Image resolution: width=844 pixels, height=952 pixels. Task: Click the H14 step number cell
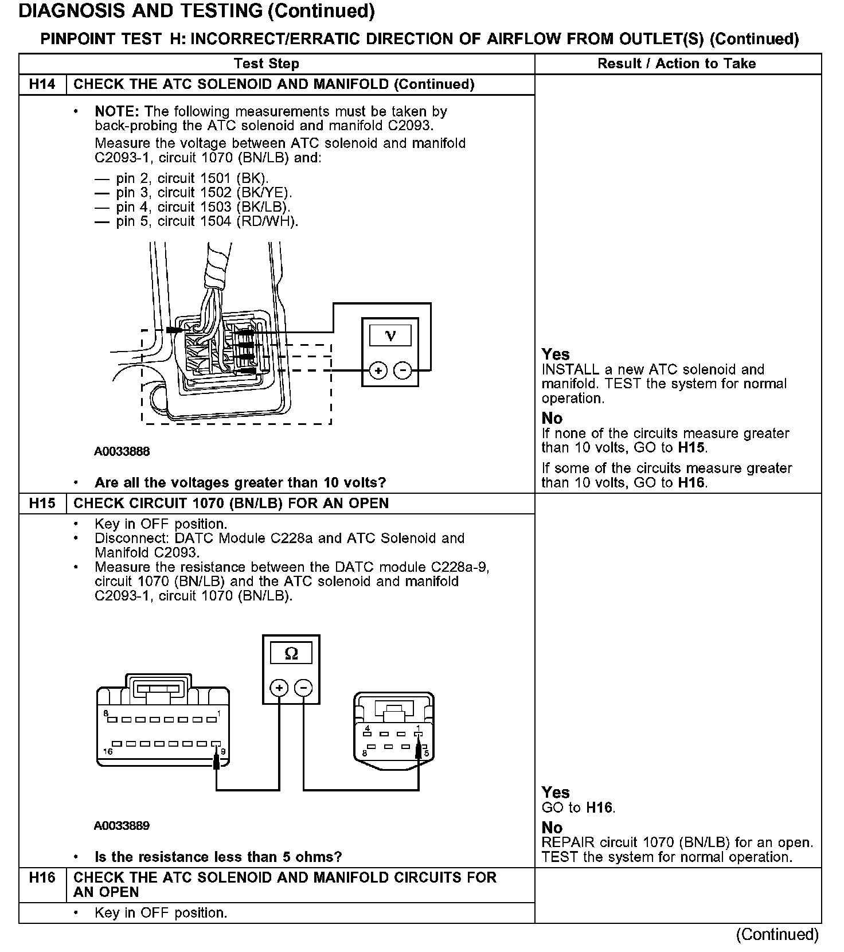[42, 84]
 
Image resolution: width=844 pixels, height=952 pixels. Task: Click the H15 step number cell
[42, 503]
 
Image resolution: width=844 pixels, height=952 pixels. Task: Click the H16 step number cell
[42, 877]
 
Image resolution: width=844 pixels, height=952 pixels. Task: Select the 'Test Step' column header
[267, 64]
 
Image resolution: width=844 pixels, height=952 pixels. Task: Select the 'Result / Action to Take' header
[677, 64]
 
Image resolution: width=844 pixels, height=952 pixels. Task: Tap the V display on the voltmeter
[390, 335]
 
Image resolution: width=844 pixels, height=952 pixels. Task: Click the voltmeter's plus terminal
[378, 370]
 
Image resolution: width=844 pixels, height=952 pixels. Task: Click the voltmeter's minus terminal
[403, 370]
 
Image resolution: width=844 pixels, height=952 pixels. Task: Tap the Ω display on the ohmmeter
[291, 653]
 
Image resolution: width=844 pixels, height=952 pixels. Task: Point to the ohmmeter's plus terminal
[279, 688]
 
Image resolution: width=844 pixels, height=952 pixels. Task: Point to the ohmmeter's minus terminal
[304, 688]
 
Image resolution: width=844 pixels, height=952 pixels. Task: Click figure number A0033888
[122, 451]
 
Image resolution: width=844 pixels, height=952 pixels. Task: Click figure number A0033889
[122, 826]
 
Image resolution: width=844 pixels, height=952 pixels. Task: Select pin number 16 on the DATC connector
[107, 751]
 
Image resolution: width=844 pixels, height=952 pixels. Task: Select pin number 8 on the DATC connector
[106, 713]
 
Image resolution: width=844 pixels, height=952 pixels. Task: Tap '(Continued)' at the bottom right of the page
[777, 934]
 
